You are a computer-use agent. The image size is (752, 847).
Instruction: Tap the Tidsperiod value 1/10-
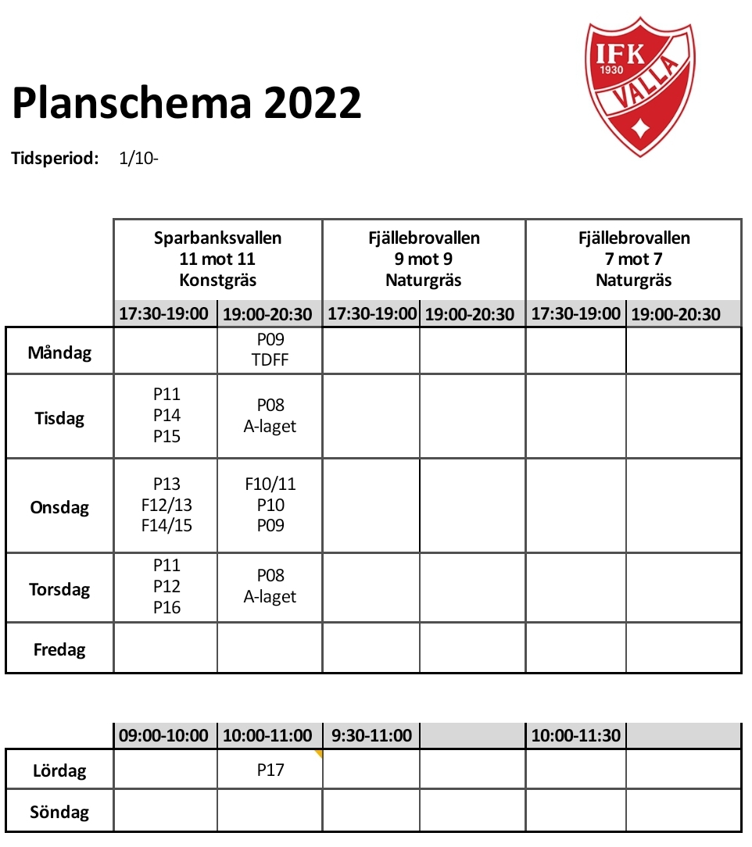(x=139, y=159)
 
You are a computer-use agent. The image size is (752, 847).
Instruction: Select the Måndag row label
(x=59, y=352)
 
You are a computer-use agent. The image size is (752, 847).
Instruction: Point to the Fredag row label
(x=59, y=649)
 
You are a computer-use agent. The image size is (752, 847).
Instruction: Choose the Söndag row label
(x=59, y=812)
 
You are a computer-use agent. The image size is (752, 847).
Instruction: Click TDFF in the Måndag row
(x=270, y=361)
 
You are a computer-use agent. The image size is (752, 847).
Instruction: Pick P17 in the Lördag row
(x=270, y=770)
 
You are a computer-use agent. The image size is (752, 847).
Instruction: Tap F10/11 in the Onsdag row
(x=270, y=484)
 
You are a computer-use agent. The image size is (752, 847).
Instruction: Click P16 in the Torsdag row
(x=167, y=608)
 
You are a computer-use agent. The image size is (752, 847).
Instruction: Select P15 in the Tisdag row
(x=167, y=437)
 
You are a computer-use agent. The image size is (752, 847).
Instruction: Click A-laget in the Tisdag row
(x=270, y=427)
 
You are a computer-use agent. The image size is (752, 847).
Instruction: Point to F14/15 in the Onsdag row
(x=167, y=526)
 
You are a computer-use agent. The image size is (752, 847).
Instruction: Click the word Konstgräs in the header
(x=217, y=280)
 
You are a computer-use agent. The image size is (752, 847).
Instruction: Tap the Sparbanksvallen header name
(x=217, y=238)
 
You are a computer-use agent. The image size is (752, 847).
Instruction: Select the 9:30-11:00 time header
(x=371, y=736)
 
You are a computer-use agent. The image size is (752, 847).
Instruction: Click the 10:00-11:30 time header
(x=576, y=736)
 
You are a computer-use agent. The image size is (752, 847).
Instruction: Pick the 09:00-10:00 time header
(x=164, y=736)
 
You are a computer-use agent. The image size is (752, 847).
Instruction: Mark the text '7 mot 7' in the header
(x=633, y=259)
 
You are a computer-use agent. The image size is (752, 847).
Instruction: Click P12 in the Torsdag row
(x=167, y=587)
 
